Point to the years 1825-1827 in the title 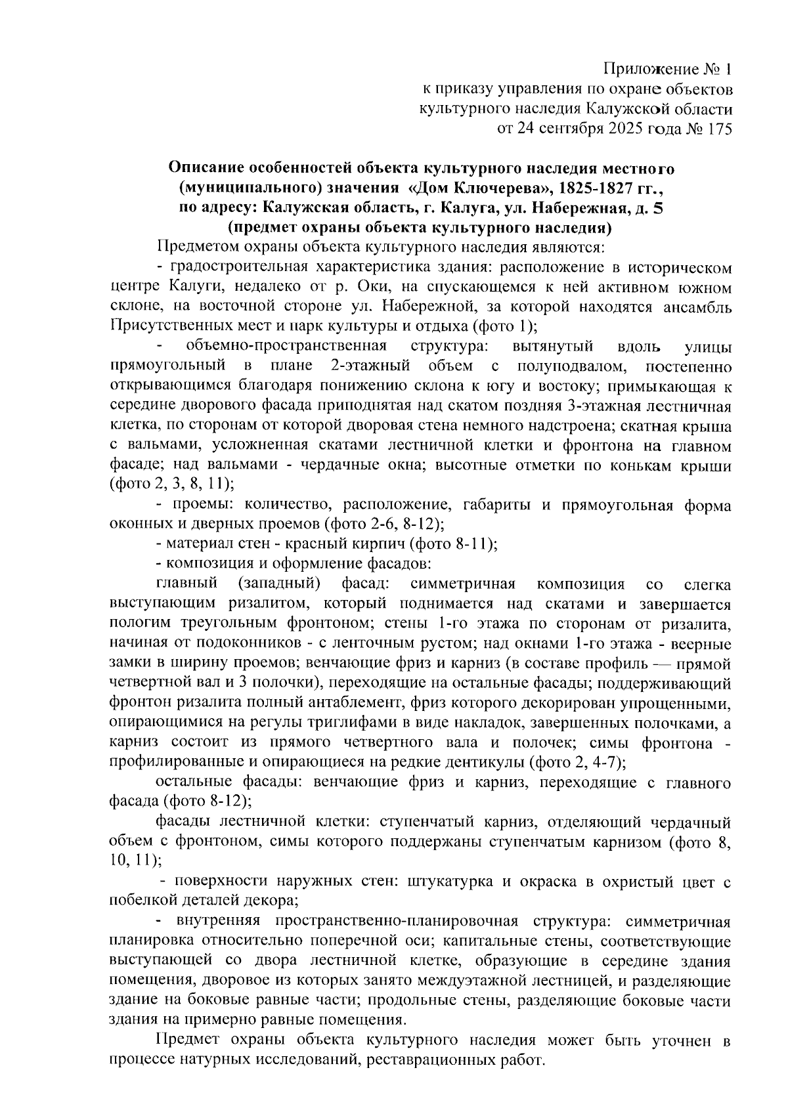pos(598,188)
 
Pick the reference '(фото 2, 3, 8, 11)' pos(172,484)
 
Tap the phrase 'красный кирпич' pos(361,544)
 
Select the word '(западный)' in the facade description pos(279,584)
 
